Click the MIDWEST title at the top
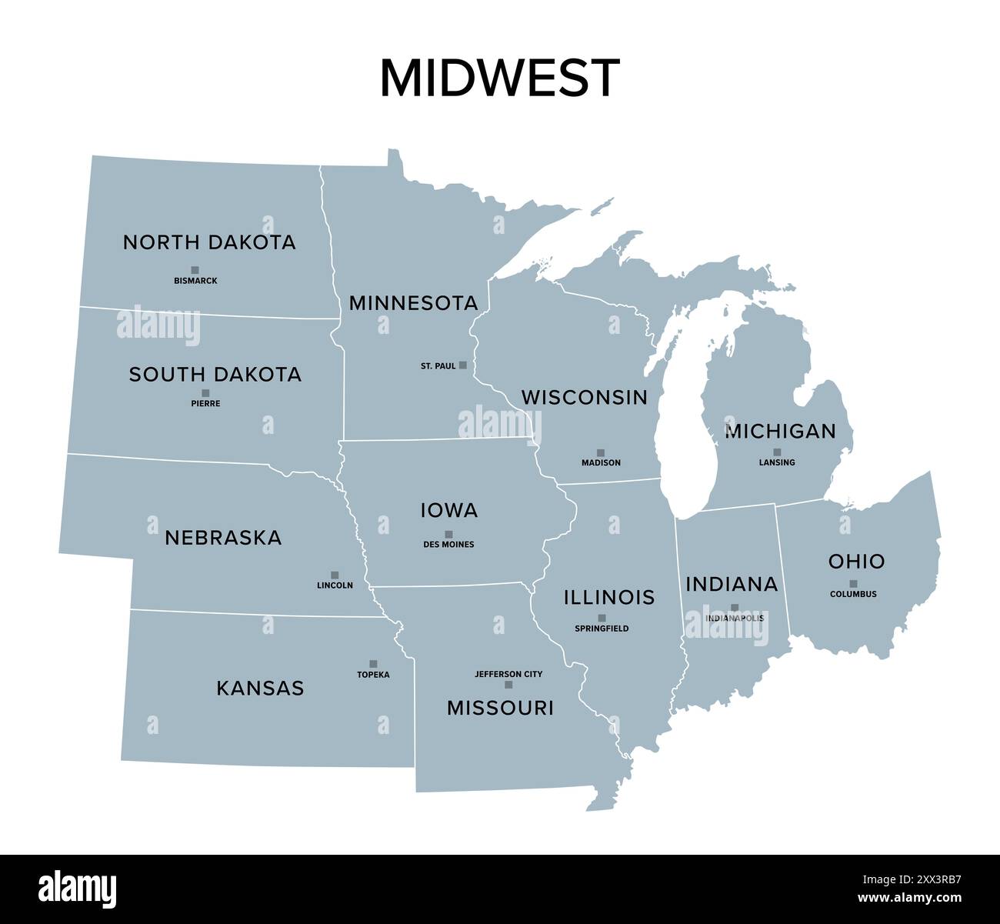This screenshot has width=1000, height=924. pyautogui.click(x=499, y=78)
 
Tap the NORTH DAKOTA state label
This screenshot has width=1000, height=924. pyautogui.click(x=209, y=242)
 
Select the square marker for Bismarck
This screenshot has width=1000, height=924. pyautogui.click(x=195, y=270)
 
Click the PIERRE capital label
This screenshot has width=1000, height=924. pyautogui.click(x=205, y=403)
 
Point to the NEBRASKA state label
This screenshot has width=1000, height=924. pyautogui.click(x=223, y=538)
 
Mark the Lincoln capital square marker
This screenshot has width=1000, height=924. pyautogui.click(x=335, y=575)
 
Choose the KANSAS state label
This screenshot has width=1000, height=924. pyautogui.click(x=260, y=688)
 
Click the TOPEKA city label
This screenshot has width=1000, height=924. pyautogui.click(x=373, y=675)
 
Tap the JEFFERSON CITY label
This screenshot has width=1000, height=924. pyautogui.click(x=508, y=674)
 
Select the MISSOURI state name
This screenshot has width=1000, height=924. pyautogui.click(x=500, y=708)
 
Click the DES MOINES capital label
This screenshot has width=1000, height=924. pyautogui.click(x=448, y=545)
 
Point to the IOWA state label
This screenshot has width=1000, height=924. pyautogui.click(x=449, y=510)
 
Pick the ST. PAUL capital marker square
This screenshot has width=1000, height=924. pyautogui.click(x=462, y=365)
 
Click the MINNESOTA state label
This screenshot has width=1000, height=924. pyautogui.click(x=413, y=303)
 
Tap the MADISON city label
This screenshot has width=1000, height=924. pyautogui.click(x=601, y=463)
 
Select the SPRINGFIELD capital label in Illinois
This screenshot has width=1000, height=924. pyautogui.click(x=602, y=629)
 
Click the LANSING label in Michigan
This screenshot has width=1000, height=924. pyautogui.click(x=777, y=462)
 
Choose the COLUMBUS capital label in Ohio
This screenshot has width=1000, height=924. pyautogui.click(x=853, y=594)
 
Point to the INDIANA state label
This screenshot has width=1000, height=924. pyautogui.click(x=732, y=585)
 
